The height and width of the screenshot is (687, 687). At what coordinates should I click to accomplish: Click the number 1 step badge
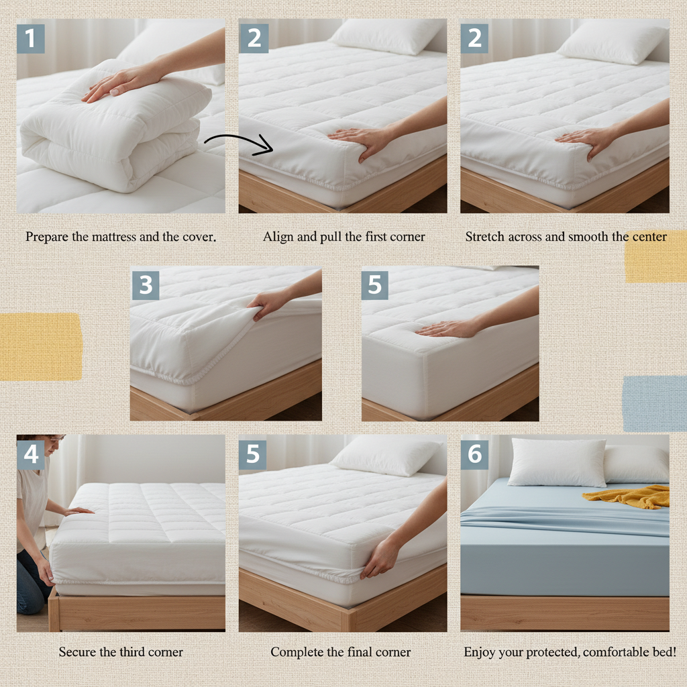[30, 39]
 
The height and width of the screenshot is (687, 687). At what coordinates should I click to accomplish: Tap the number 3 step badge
[146, 286]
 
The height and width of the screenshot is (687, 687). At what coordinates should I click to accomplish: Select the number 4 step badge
[30, 455]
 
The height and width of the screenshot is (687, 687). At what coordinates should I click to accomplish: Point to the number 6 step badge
[474, 455]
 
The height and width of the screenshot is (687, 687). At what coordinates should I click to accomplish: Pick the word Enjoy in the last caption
[480, 652]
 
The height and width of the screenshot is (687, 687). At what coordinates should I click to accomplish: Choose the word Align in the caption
[277, 237]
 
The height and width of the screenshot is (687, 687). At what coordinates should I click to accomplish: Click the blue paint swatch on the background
[654, 403]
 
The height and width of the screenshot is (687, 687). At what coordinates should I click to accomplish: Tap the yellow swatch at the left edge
[40, 347]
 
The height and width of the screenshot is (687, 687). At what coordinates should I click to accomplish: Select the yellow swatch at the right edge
[655, 256]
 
